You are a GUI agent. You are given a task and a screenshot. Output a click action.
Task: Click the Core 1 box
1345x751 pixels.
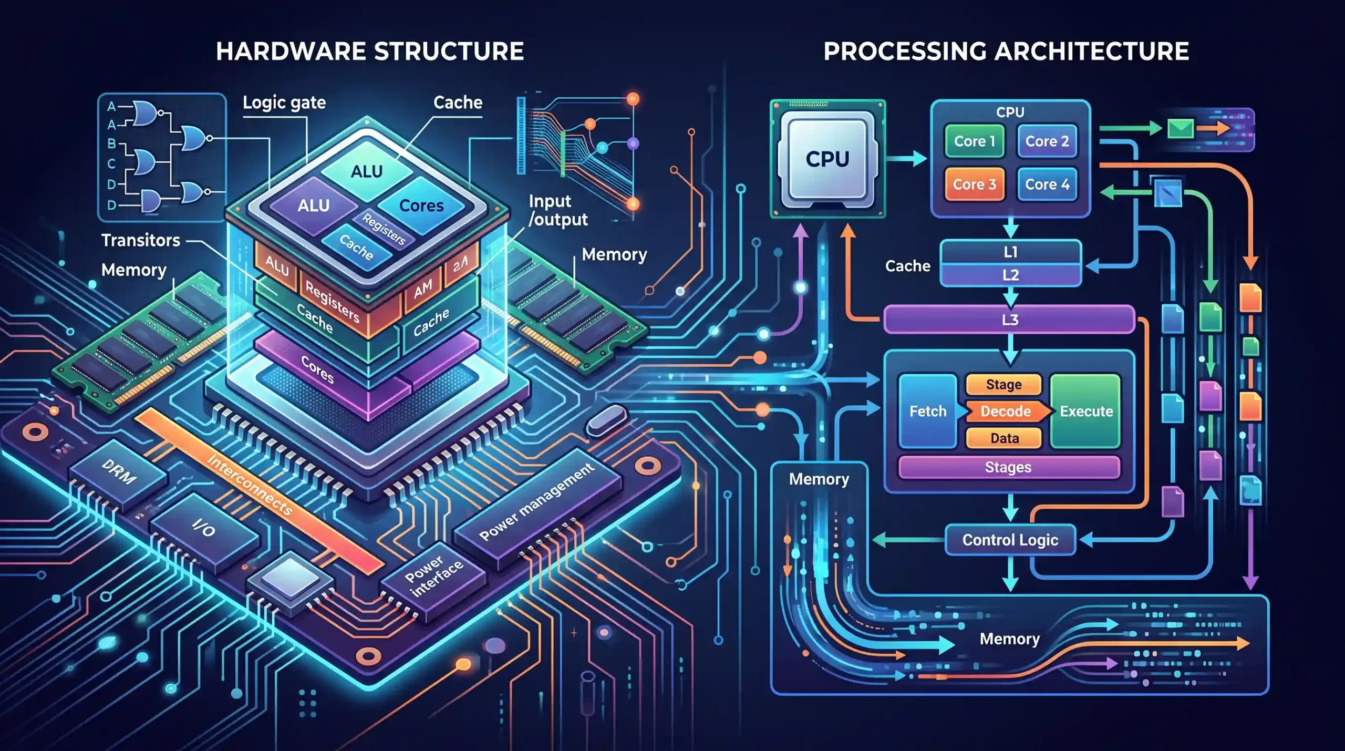click(x=974, y=141)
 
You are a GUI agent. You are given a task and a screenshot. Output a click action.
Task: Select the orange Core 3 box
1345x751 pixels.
click(x=974, y=184)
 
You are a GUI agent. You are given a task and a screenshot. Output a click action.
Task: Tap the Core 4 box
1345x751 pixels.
click(x=1047, y=184)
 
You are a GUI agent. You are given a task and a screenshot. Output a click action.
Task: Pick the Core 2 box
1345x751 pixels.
click(x=1047, y=141)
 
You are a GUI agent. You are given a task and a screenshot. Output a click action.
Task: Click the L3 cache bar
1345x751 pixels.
click(x=1009, y=320)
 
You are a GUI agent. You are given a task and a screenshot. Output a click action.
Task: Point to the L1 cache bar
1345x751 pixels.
click(x=1010, y=252)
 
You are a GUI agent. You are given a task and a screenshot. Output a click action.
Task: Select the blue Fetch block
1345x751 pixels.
click(x=928, y=411)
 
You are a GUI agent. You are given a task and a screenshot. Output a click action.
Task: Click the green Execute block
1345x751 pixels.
click(x=1085, y=411)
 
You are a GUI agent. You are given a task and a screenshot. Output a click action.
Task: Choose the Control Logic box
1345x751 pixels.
click(x=1010, y=540)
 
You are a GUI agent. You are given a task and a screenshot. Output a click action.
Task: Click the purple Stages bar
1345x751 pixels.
click(x=1009, y=467)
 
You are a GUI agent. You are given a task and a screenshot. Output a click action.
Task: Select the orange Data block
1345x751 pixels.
click(x=1004, y=438)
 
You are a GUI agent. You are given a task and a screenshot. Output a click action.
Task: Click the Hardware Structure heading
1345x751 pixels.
click(x=370, y=52)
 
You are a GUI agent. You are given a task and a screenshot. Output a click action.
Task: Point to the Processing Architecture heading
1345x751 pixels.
click(x=1006, y=52)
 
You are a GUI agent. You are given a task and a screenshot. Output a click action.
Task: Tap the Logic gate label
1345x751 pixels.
click(x=284, y=103)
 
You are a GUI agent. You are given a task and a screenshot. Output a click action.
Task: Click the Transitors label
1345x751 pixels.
click(x=141, y=240)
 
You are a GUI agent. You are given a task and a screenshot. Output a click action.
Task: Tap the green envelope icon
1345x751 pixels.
click(x=1181, y=128)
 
